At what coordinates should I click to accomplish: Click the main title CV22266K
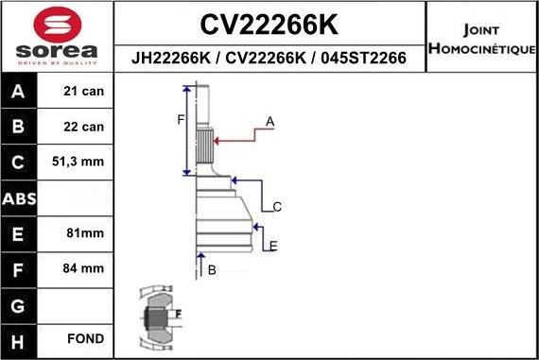(x=271, y=23)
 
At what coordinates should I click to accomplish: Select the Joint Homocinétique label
(x=481, y=38)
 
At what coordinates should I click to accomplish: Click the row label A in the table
(x=19, y=93)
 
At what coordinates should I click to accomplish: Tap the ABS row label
(x=19, y=198)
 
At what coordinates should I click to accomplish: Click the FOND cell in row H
(x=85, y=337)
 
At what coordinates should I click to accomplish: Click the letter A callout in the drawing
(x=269, y=122)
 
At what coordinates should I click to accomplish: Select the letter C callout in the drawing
(x=277, y=206)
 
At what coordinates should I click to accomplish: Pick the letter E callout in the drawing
(x=273, y=247)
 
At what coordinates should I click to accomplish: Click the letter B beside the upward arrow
(x=212, y=270)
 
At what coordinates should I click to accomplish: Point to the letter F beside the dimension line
(x=180, y=119)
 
